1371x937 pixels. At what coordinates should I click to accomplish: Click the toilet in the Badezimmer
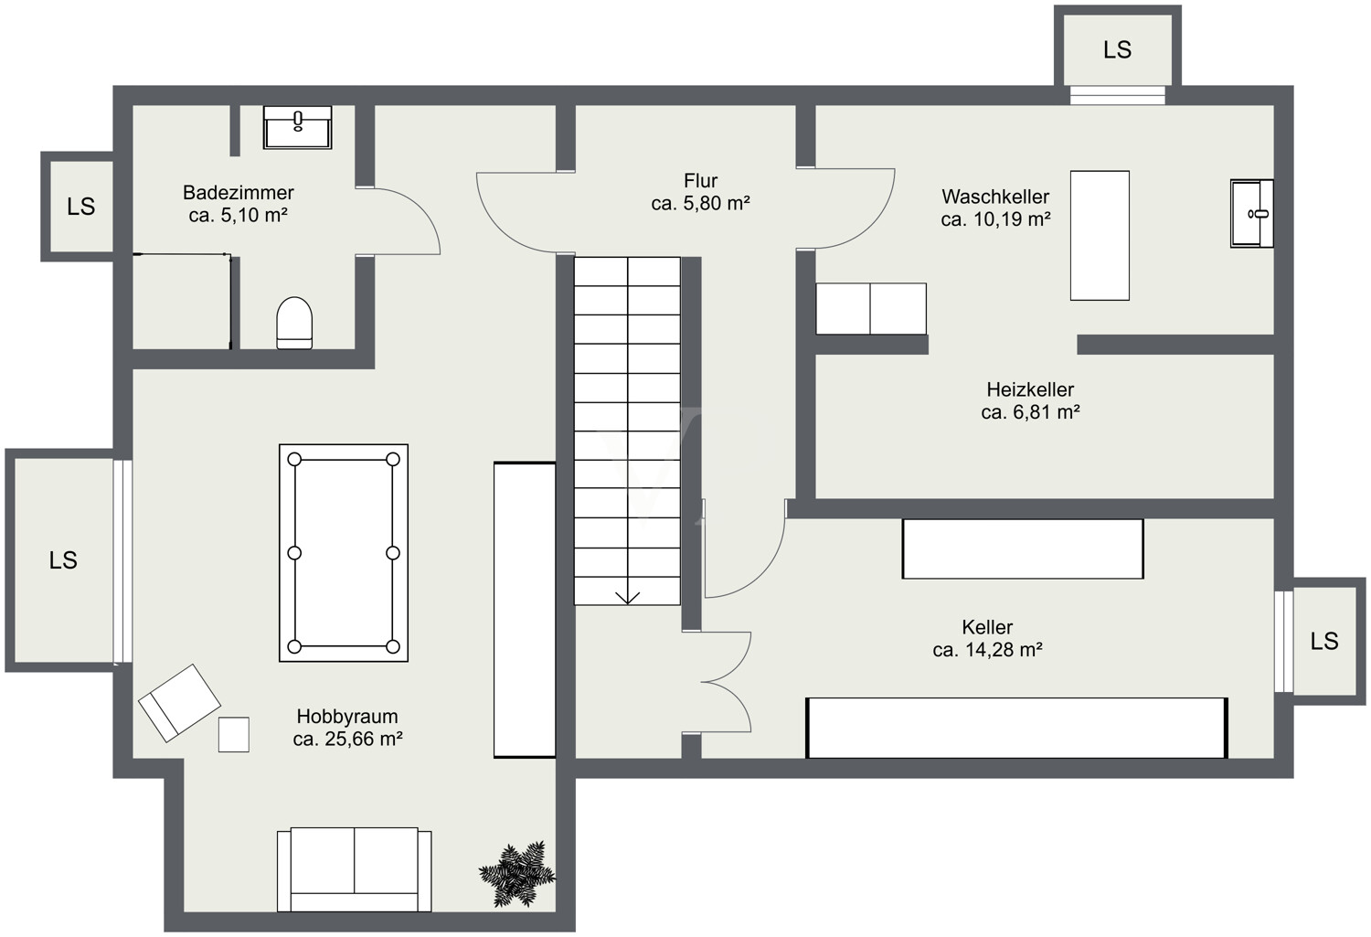[x=294, y=323]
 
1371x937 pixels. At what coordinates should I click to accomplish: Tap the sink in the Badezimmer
[x=297, y=127]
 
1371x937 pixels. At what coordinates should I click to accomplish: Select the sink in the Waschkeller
[x=1251, y=214]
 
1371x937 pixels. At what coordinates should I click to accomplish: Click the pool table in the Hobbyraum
[x=344, y=553]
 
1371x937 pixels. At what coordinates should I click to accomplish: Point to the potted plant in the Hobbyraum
[x=517, y=873]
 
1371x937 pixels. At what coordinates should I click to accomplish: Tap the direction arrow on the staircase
[x=627, y=597]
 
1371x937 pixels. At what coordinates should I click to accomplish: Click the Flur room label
[x=701, y=181]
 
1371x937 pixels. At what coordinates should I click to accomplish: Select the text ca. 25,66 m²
[x=347, y=739]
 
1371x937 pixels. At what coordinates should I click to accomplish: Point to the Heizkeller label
[x=1030, y=389]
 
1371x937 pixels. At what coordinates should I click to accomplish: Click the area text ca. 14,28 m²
[x=987, y=649]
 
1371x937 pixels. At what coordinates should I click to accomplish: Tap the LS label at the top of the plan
[x=1117, y=49]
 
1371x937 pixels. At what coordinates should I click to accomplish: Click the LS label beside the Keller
[x=1323, y=641]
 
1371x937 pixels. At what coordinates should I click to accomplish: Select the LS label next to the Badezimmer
[x=80, y=207]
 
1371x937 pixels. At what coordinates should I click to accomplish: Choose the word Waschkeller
[x=995, y=197]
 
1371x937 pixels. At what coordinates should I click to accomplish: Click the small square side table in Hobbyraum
[x=234, y=734]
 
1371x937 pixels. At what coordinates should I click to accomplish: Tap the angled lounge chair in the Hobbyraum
[x=179, y=703]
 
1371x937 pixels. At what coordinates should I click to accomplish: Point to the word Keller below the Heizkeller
[x=987, y=627]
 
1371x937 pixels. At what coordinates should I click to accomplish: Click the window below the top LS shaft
[x=1118, y=95]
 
